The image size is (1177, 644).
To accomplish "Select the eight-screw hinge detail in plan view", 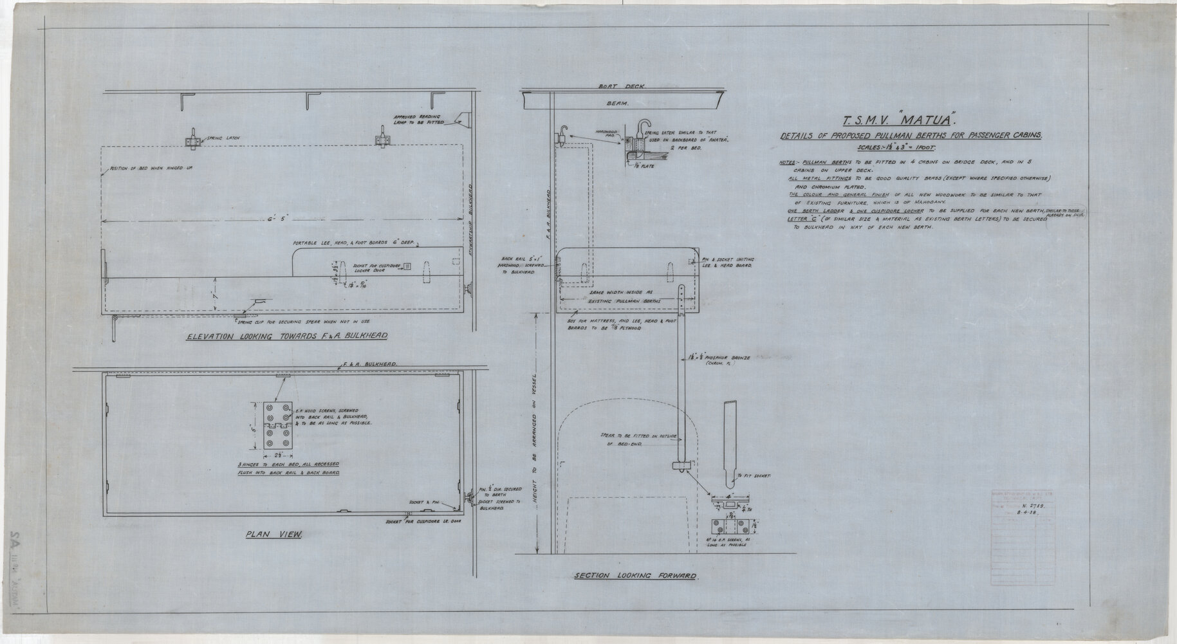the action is pyautogui.click(x=278, y=427).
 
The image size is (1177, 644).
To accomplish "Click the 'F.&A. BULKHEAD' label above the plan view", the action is pyautogui.click(x=371, y=364).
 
